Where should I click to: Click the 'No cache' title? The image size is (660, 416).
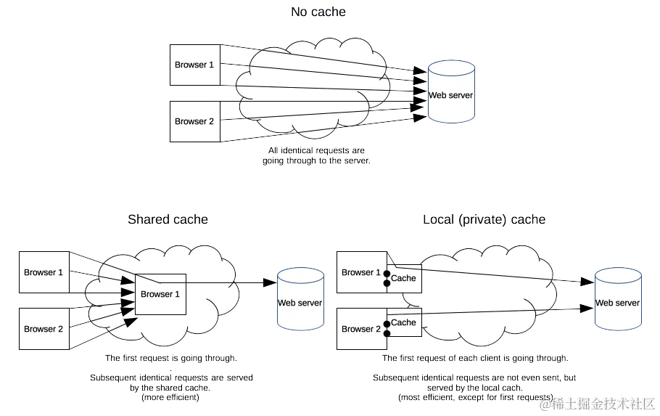tap(318, 12)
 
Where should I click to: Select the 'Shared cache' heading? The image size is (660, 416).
tap(168, 219)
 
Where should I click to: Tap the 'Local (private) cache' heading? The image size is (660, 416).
tap(484, 219)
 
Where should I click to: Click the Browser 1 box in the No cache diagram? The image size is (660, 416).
tap(194, 65)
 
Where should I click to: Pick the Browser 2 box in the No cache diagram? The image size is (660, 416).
tap(194, 121)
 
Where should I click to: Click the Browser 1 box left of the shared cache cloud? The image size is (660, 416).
tap(44, 272)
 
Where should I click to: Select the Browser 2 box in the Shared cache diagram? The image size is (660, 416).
tap(44, 329)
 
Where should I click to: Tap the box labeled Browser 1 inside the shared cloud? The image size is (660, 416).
tap(160, 294)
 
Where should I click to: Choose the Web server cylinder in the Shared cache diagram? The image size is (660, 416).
tap(300, 300)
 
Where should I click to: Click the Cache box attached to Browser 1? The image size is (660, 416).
tap(404, 278)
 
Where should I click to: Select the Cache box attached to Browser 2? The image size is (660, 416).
tap(404, 322)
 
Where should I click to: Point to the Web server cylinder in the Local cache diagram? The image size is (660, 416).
tap(617, 299)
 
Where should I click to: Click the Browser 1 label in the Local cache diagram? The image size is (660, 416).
tap(360, 272)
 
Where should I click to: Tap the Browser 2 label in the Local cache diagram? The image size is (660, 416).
tap(360, 329)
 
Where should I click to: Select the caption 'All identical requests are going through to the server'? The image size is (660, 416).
tap(316, 156)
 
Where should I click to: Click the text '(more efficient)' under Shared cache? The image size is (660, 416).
tap(170, 397)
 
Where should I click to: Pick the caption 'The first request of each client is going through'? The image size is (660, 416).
tap(475, 359)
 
